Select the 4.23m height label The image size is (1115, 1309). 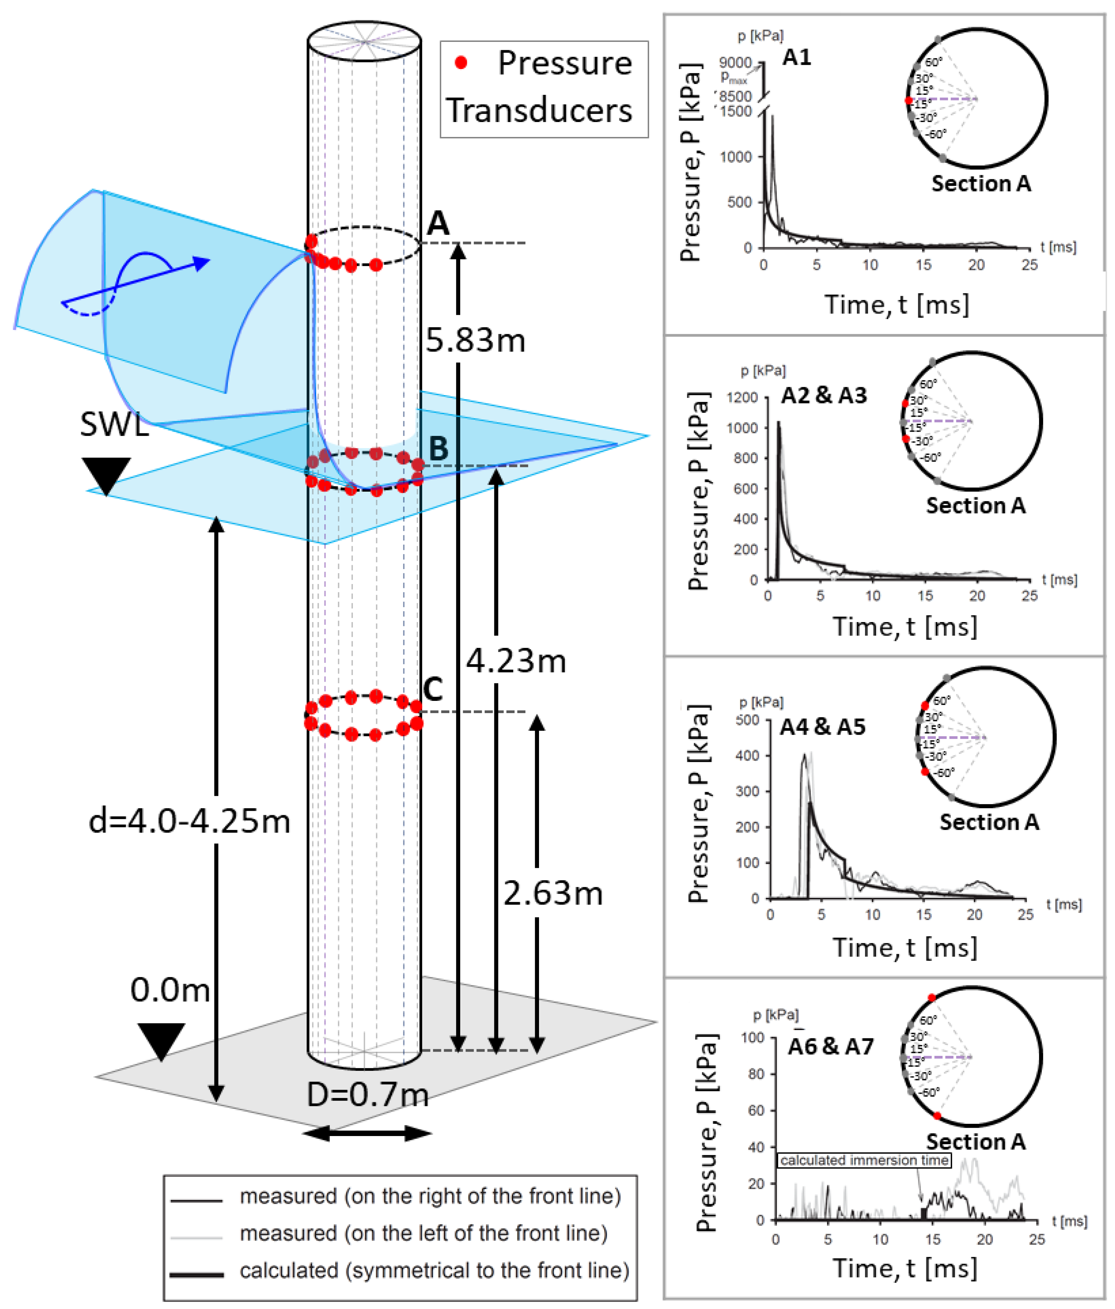tap(516, 661)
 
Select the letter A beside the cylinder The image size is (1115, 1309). tap(438, 224)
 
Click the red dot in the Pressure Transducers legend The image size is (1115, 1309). tap(461, 62)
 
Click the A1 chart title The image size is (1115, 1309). tap(796, 58)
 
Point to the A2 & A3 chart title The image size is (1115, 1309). tap(824, 395)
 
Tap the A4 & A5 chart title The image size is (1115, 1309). tap(822, 727)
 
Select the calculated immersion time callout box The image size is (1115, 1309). tap(864, 1160)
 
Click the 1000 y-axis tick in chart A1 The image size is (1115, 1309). tap(736, 157)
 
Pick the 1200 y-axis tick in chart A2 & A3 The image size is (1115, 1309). tap(742, 398)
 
